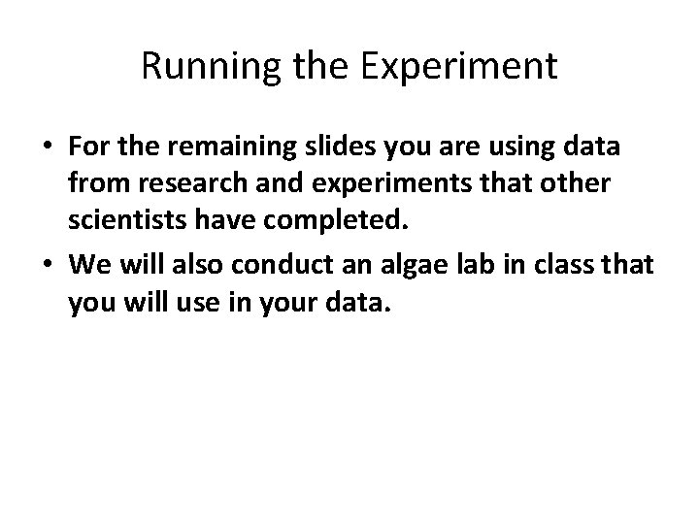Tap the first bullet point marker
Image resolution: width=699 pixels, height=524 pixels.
47,147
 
